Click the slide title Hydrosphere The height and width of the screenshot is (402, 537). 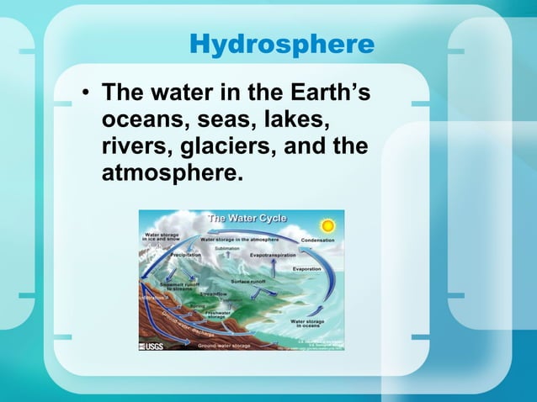coord(282,44)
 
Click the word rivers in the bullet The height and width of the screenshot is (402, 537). coord(134,145)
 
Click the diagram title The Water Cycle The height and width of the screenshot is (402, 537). coord(247,218)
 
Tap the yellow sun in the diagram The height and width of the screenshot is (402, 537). coord(327,225)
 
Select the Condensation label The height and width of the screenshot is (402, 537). coord(317,241)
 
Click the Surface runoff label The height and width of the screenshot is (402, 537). coord(250,280)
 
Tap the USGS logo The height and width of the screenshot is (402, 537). coord(152,345)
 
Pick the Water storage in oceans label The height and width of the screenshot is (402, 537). coord(308,324)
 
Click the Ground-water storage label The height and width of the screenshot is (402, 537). coord(227,345)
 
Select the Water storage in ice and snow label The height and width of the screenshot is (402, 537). coord(162,237)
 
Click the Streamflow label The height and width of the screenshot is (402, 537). coord(213,294)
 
